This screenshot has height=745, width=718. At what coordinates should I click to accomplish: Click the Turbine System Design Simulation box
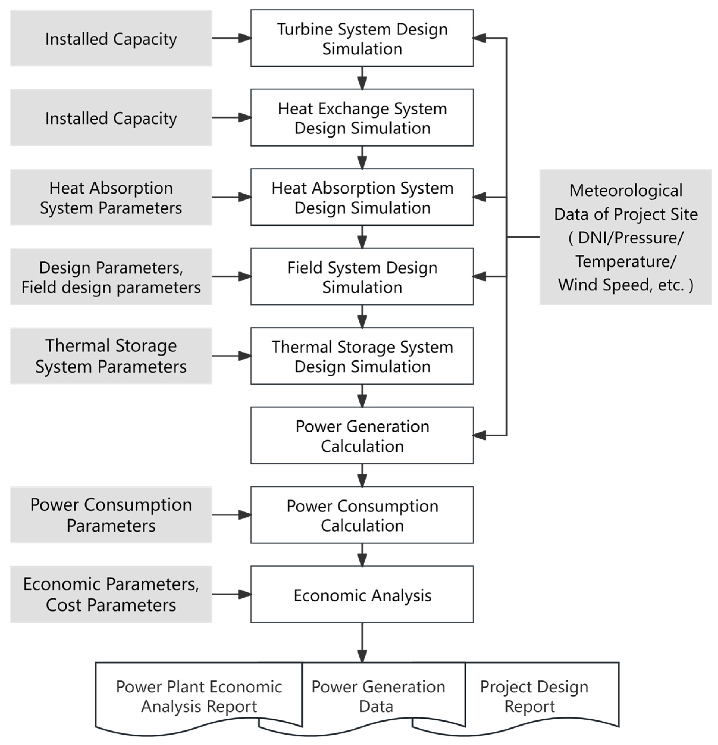coord(362,38)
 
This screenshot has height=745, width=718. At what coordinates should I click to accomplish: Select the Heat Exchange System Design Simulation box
coord(362,117)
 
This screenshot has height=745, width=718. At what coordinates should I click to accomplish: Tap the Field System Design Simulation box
coord(362,277)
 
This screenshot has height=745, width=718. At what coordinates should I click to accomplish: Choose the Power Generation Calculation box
coord(362,436)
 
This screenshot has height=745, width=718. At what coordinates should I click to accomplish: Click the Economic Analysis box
coord(362,595)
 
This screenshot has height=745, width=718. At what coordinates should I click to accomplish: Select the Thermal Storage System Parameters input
coord(111,356)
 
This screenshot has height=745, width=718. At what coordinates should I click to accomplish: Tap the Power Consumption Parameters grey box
coord(111,515)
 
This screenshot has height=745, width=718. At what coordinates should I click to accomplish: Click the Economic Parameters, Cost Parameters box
coord(111,595)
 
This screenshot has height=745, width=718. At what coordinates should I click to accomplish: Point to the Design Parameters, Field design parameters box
coord(111,277)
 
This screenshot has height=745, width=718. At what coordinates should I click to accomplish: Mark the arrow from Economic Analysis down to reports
coord(362,642)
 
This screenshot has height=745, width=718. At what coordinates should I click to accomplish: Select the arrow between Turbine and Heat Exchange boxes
coord(362,78)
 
